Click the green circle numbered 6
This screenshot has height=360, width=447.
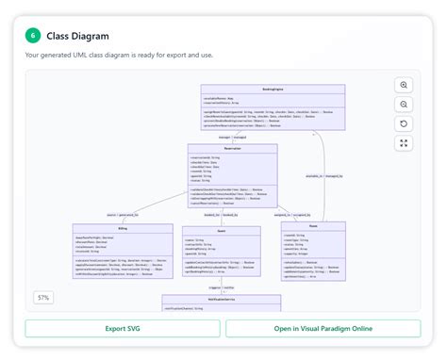pyautogui.click(x=33, y=35)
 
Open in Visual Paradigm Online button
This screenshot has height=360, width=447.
pyautogui.click(x=323, y=328)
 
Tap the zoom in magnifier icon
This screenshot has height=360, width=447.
pyautogui.click(x=404, y=85)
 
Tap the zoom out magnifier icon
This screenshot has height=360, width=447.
pyautogui.click(x=404, y=105)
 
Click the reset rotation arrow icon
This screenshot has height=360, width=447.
pyautogui.click(x=404, y=123)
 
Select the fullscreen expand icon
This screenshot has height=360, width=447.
pyautogui.click(x=404, y=143)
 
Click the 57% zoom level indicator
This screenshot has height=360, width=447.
pyautogui.click(x=43, y=298)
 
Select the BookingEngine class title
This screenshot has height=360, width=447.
pyautogui.click(x=273, y=89)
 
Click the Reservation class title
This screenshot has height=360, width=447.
pyautogui.click(x=232, y=148)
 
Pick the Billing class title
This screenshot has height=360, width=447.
pyautogui.click(x=122, y=228)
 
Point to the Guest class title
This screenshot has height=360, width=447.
pyautogui.click(x=221, y=230)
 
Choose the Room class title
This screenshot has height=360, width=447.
pyautogui.click(x=313, y=226)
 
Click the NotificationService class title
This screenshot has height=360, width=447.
pyautogui.click(x=221, y=299)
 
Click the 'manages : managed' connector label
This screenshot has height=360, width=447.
pyautogui.click(x=232, y=136)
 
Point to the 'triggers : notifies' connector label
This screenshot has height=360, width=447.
pyautogui.click(x=221, y=287)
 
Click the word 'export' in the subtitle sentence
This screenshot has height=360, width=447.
pyautogui.click(x=186, y=56)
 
